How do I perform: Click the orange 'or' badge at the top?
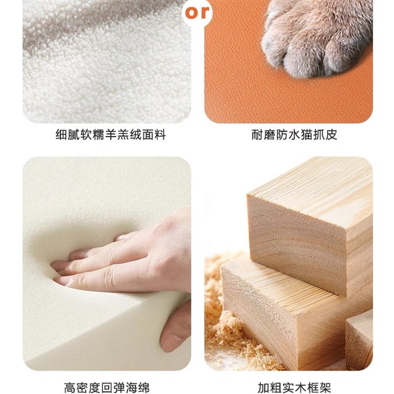coord(197,11)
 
